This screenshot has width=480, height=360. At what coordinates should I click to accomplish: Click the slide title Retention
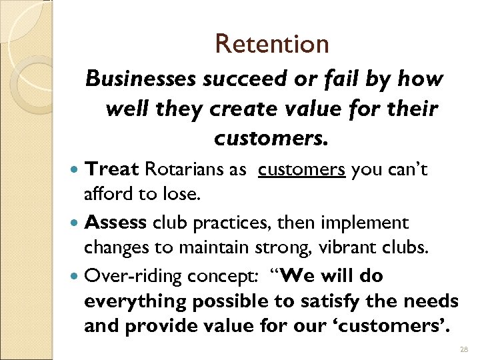(272, 44)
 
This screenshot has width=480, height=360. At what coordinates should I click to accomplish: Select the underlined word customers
(301, 170)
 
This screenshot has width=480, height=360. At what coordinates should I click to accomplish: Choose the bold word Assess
(116, 223)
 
